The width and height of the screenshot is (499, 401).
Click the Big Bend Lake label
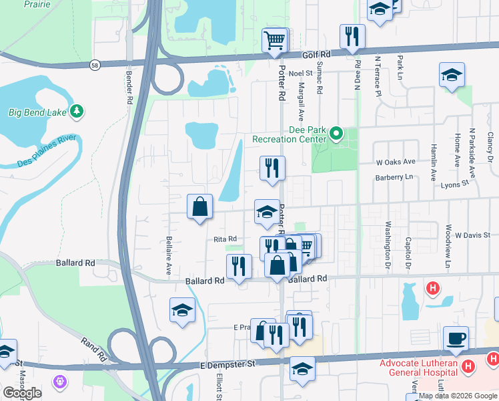click(x=37, y=112)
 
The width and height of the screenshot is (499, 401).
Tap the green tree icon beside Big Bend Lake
click(x=77, y=111)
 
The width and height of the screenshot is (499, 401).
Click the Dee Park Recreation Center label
click(x=291, y=134)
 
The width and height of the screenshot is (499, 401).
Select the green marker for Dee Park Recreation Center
click(x=337, y=134)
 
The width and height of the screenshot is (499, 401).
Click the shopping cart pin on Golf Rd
click(x=275, y=41)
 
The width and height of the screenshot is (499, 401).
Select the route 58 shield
click(x=96, y=65)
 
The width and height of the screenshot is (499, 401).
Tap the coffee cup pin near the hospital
click(x=456, y=338)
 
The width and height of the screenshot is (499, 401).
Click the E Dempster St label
click(x=228, y=365)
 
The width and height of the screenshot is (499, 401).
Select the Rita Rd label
click(x=225, y=239)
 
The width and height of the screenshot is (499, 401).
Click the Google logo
click(x=22, y=392)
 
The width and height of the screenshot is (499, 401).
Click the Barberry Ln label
click(x=390, y=177)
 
